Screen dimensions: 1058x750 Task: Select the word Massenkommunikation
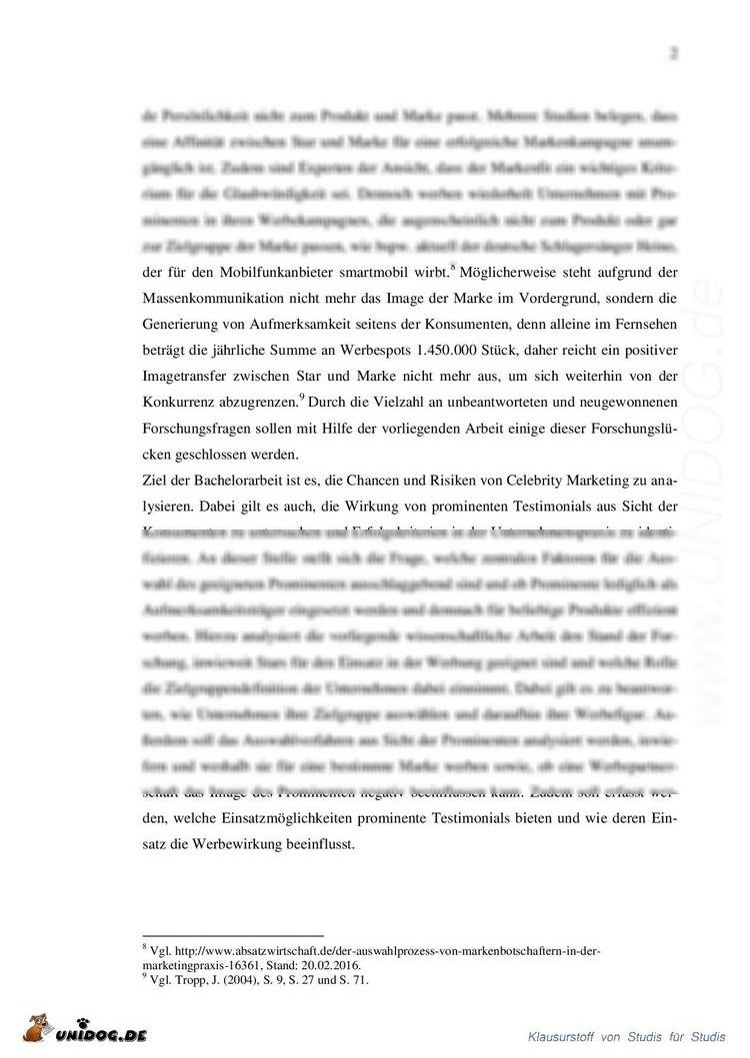216,300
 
